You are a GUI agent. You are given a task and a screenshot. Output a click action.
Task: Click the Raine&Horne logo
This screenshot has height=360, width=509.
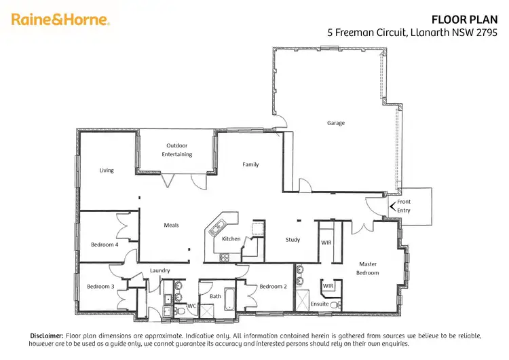coord(60,20)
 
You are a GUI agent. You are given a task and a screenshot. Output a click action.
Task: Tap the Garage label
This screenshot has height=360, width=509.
coord(336,123)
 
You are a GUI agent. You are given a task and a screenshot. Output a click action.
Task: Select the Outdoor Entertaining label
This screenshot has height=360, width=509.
coord(176,150)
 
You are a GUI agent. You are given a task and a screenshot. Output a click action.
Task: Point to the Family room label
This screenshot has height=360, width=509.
coord(250,164)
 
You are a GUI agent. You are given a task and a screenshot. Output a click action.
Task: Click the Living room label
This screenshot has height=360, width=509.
coord(107,170)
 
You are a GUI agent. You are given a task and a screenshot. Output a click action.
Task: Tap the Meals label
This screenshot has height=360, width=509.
coord(171,225)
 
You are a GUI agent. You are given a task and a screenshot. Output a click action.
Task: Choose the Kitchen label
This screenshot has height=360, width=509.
coord(231,239)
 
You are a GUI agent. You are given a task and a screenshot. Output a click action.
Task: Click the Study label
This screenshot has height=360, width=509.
coord(293,240)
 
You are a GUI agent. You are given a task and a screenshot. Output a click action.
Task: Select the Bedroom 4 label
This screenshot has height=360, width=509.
coord(105,245)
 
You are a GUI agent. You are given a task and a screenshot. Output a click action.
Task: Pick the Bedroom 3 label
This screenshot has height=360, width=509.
coord(100,287)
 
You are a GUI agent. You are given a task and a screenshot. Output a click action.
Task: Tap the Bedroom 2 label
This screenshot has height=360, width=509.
coord(272,287)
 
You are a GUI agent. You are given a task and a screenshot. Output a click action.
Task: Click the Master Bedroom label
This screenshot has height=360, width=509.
coord(368,268)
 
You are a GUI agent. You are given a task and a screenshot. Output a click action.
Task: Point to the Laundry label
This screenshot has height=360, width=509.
coord(159,270)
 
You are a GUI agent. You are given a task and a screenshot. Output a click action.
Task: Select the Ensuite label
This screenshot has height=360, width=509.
coord(320,304)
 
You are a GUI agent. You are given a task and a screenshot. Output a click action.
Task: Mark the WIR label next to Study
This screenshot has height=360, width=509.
coord(325,242)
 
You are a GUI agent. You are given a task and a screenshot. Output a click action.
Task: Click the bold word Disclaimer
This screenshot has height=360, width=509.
coord(46,336)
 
